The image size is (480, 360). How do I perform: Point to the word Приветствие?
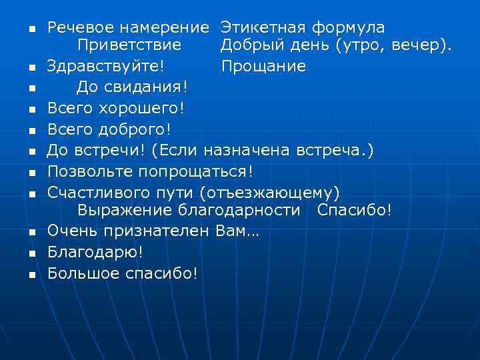coord(129,45)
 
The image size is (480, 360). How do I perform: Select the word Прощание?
coord(263,66)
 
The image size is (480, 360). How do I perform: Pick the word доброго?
coord(134,128)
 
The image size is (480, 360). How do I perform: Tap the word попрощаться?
coord(196,171)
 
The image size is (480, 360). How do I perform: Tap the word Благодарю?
coord(95,252)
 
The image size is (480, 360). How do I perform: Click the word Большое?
coord(84,273)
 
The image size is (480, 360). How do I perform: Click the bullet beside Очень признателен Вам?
coord(31,233)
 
